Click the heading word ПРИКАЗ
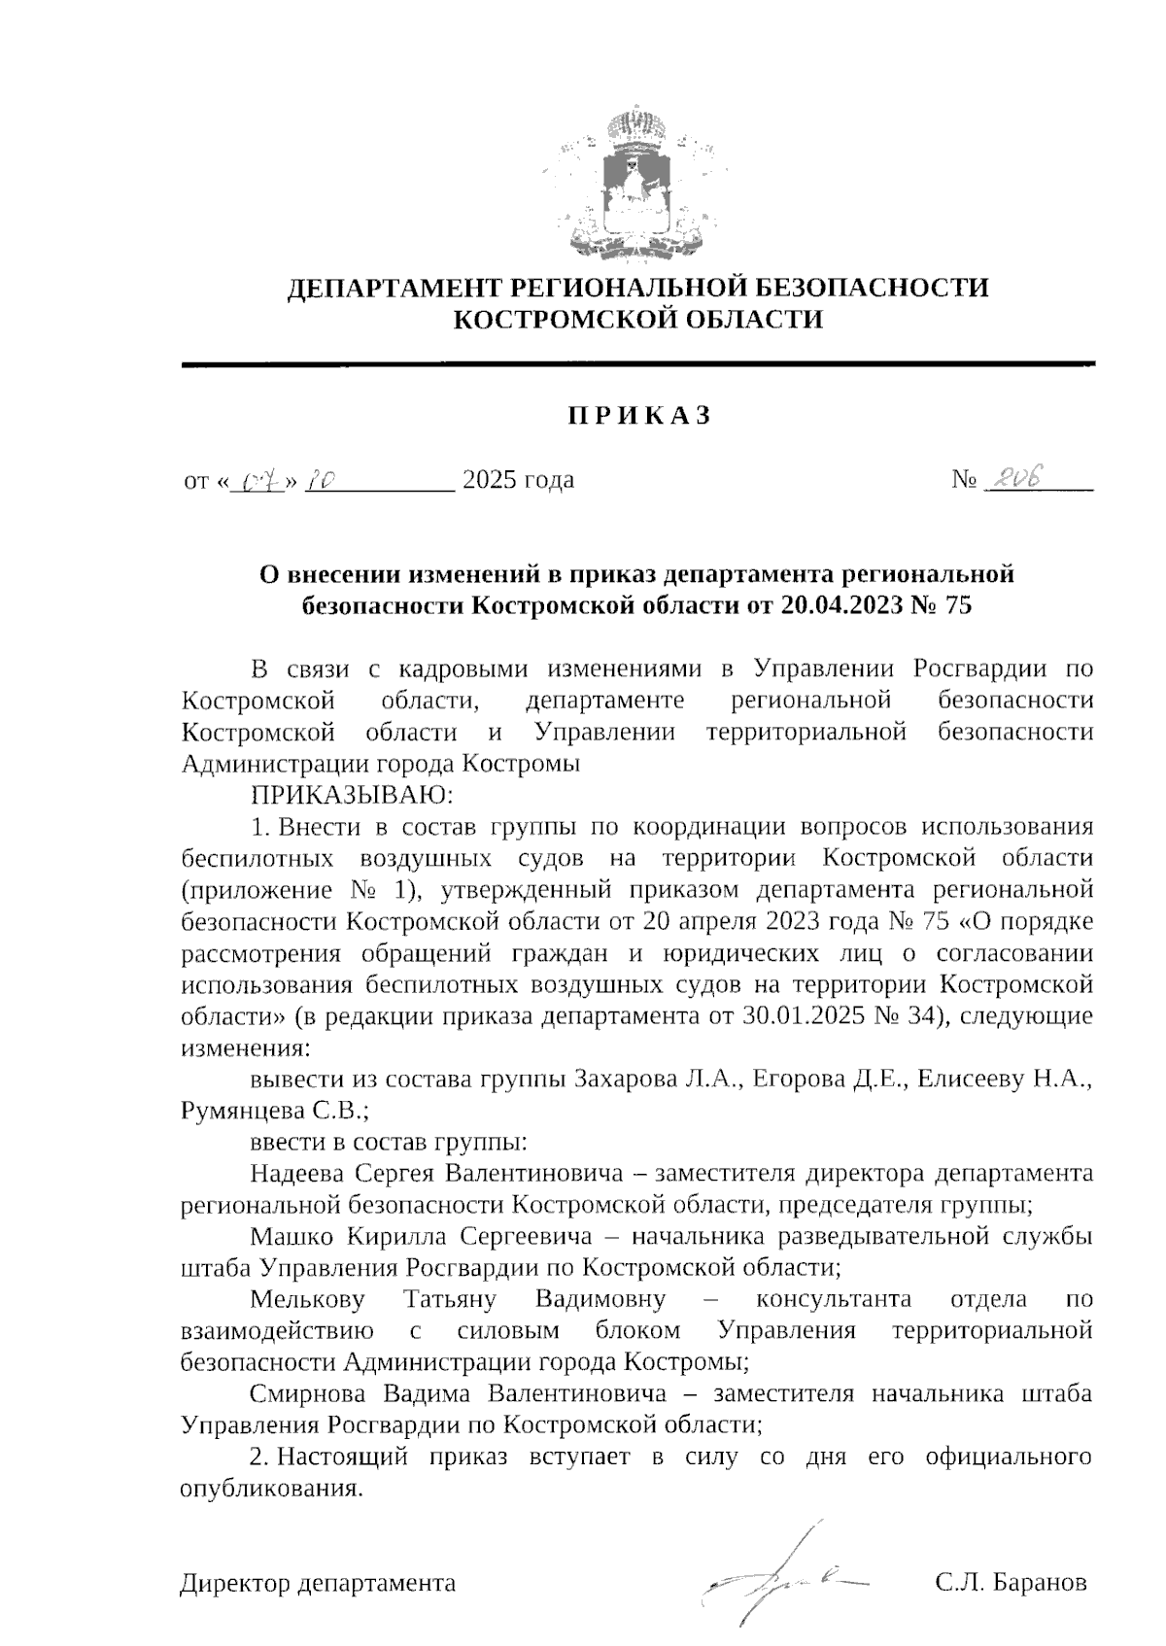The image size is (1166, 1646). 638,416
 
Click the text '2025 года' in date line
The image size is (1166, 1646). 517,480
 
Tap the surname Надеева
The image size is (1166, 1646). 296,1173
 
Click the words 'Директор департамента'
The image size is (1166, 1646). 318,1583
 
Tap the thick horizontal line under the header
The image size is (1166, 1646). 638,363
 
